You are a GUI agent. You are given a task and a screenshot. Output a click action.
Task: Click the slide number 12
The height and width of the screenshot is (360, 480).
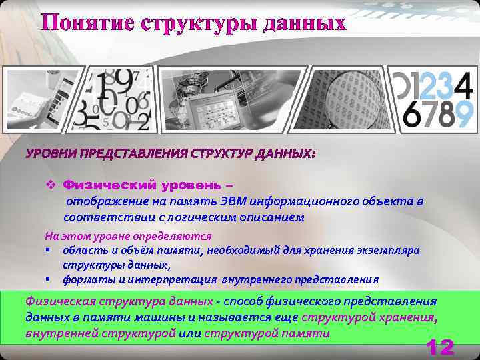439,347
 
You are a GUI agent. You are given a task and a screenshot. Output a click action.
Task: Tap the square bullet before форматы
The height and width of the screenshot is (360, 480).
49,279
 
